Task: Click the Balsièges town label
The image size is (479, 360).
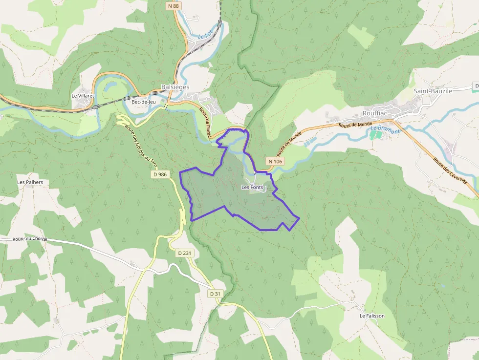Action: [175, 87]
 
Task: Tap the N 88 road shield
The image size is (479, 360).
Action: [173, 6]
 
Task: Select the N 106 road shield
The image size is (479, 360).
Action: [275, 161]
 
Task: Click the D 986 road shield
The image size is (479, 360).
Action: [160, 174]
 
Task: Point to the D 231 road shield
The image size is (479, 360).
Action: [184, 253]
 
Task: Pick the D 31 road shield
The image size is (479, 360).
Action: [216, 294]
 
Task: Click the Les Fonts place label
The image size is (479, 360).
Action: [252, 187]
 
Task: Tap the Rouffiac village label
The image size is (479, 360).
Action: [375, 113]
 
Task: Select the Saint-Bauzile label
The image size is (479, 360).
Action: [433, 91]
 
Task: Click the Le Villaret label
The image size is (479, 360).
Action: [82, 96]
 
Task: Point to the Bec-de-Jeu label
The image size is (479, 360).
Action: [143, 102]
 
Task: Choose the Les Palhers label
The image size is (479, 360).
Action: [30, 182]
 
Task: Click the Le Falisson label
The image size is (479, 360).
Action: [372, 316]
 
